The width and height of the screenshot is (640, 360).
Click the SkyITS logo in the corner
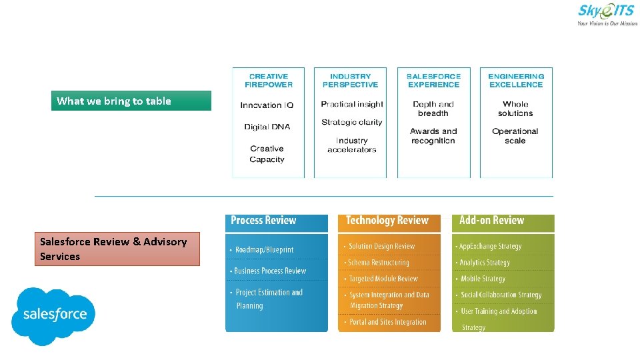606,14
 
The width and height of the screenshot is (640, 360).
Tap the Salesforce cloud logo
54,315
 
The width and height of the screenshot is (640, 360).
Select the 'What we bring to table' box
131,101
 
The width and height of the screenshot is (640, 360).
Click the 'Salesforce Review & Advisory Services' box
117,249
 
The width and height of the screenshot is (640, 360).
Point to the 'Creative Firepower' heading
268,81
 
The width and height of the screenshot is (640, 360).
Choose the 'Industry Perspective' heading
350,81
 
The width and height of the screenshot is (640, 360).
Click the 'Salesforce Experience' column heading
433,81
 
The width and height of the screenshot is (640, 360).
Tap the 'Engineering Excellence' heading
516,81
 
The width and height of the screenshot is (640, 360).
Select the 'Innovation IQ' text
267,105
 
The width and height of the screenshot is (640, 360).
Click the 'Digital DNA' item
267,127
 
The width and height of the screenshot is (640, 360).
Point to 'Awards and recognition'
433,136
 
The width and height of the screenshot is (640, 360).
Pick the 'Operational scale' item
515,136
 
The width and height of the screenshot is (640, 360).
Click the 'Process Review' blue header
263,221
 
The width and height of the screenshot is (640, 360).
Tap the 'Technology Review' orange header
387,221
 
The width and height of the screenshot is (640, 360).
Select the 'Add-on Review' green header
492,221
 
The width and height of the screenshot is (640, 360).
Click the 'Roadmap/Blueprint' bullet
264,250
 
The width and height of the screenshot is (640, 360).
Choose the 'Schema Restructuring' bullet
379,263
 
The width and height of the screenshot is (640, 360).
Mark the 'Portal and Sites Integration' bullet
387,322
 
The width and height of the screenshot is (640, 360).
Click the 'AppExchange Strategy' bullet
490,246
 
